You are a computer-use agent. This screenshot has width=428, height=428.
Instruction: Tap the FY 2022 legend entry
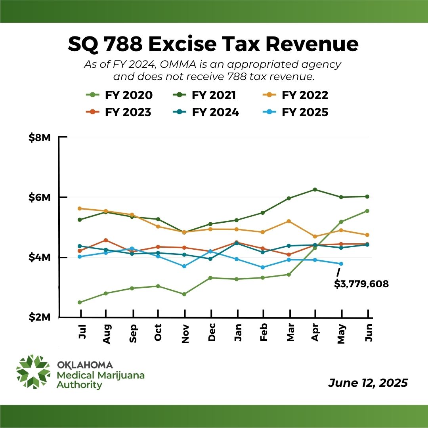(x=296, y=96)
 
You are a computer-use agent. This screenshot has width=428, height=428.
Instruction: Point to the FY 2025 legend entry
(x=296, y=112)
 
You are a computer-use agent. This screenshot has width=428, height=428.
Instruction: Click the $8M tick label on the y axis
(x=40, y=138)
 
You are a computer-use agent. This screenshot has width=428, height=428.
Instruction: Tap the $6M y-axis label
(x=40, y=197)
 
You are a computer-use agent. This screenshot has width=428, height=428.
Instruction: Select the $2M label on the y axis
(x=40, y=318)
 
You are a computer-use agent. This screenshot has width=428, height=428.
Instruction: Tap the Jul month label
(x=81, y=331)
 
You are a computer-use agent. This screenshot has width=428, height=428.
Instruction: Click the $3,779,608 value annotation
(x=361, y=284)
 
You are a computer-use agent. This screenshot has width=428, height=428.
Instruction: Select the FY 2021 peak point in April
(x=315, y=189)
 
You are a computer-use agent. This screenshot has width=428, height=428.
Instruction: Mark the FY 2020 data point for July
(x=80, y=302)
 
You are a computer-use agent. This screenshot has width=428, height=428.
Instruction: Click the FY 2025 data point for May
(x=341, y=264)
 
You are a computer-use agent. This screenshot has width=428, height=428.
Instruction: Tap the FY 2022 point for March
(x=289, y=221)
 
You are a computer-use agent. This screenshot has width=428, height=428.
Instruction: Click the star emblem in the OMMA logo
(x=33, y=371)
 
